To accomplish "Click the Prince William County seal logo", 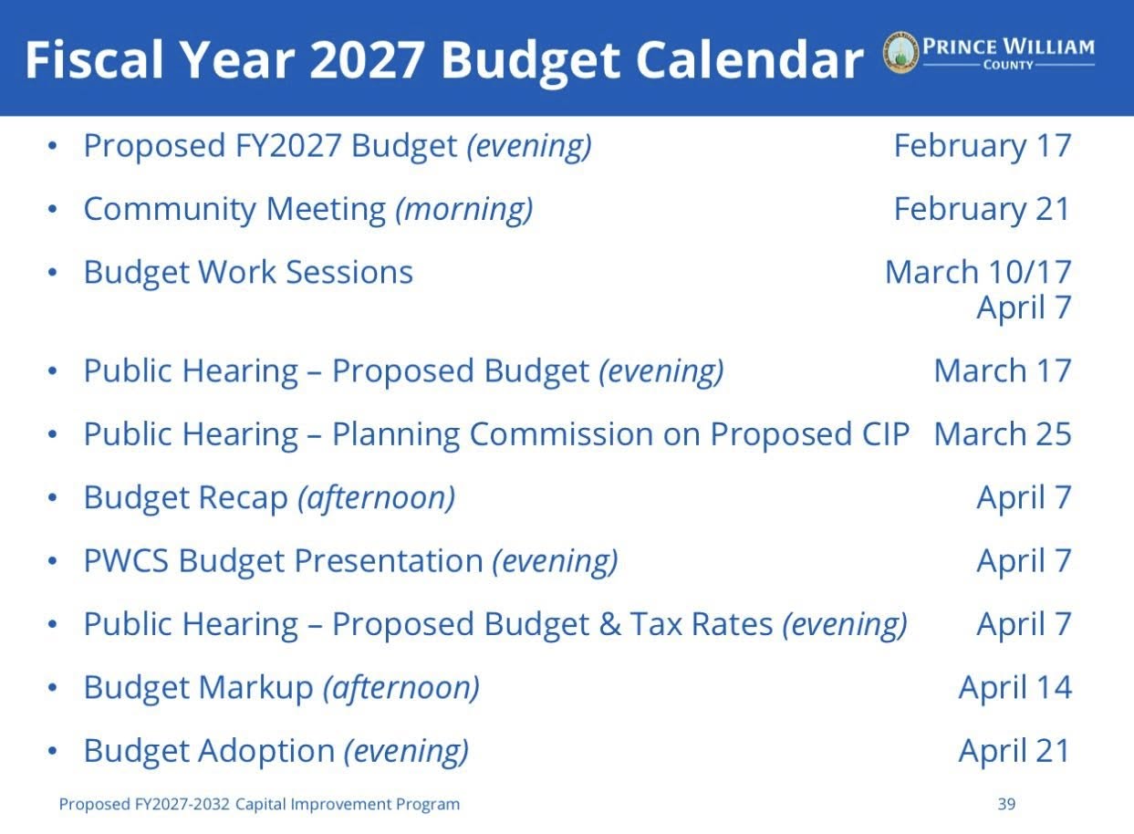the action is pyautogui.click(x=900, y=53).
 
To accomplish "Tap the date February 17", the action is pyautogui.click(x=983, y=146).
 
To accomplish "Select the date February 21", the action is pyautogui.click(x=983, y=209).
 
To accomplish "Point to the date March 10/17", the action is pyautogui.click(x=978, y=272).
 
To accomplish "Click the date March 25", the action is pyautogui.click(x=1003, y=434).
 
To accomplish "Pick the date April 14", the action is pyautogui.click(x=1015, y=689).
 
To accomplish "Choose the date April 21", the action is pyautogui.click(x=1014, y=752).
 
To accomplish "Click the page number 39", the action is pyautogui.click(x=1006, y=804).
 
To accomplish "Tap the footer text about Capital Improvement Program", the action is pyautogui.click(x=259, y=805).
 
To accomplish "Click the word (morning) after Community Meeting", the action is pyautogui.click(x=463, y=210).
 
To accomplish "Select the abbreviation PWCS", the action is pyautogui.click(x=126, y=561).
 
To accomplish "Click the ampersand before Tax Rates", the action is pyautogui.click(x=609, y=624).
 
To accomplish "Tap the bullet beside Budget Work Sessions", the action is pyautogui.click(x=52, y=273).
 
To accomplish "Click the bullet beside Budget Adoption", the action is pyautogui.click(x=52, y=751).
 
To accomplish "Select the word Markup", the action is pyautogui.click(x=255, y=689).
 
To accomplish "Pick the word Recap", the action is pyautogui.click(x=243, y=499).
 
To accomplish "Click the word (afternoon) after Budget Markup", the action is pyautogui.click(x=401, y=689).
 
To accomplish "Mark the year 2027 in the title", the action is pyautogui.click(x=367, y=59).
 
